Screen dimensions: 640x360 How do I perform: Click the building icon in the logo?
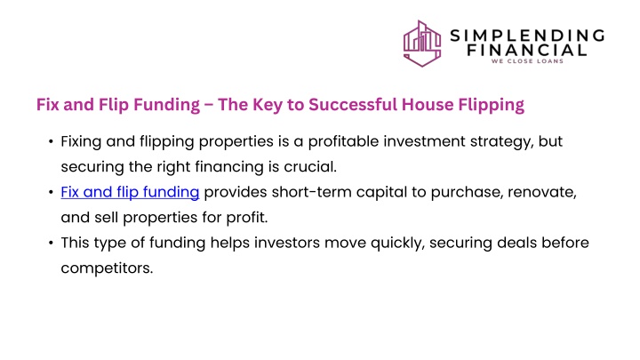422,44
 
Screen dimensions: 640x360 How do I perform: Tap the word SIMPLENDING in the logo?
527,36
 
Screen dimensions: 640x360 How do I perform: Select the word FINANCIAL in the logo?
527,50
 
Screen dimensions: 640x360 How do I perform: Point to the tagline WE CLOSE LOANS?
527,61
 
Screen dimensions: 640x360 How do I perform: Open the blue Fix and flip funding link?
130,192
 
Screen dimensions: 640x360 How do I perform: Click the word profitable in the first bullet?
343,141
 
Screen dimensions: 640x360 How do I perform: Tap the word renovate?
542,193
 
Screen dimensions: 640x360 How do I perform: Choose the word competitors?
107,268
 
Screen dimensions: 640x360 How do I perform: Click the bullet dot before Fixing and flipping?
51,141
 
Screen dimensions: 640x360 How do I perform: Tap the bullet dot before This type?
51,243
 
